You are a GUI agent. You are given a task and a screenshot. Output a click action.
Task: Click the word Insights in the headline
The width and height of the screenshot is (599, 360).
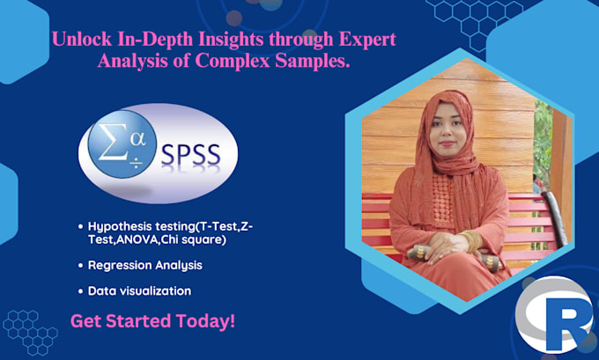(x=233, y=40)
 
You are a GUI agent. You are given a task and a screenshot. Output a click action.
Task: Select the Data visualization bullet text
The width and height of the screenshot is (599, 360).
(x=139, y=290)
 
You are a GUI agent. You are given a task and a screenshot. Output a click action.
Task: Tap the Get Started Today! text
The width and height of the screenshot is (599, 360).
(x=152, y=320)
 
